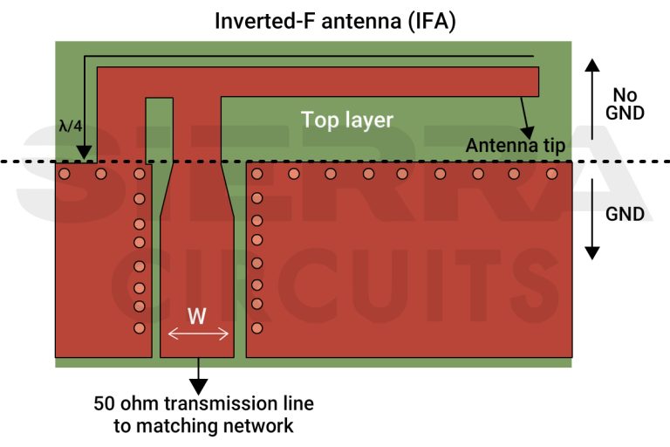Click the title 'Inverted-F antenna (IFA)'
click(x=335, y=18)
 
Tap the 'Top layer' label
click(x=347, y=120)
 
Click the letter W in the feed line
click(x=198, y=316)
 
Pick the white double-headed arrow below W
click(x=198, y=334)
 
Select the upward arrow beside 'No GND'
click(x=591, y=96)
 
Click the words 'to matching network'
click(x=203, y=426)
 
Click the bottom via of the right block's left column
click(x=256, y=328)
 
